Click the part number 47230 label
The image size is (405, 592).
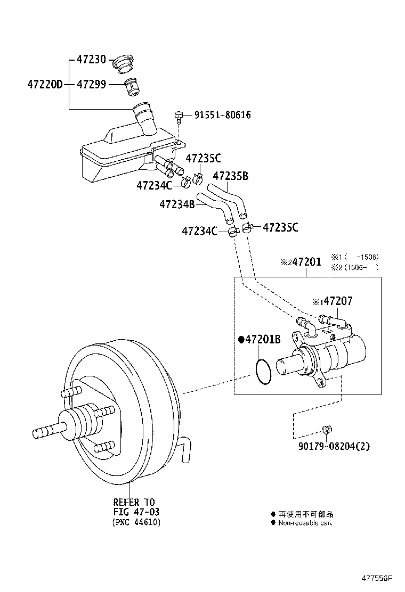92,60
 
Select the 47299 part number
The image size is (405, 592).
92,84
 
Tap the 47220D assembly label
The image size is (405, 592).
45,84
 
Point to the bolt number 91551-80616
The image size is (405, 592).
222,114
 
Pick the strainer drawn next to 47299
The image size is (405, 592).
131,86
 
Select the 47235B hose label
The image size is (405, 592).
231,176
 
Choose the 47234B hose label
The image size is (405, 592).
177,204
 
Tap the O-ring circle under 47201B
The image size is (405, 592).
263,371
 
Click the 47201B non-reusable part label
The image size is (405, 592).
260,339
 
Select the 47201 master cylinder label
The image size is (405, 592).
301,262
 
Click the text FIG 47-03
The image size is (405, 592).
136,512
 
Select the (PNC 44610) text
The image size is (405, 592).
136,522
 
